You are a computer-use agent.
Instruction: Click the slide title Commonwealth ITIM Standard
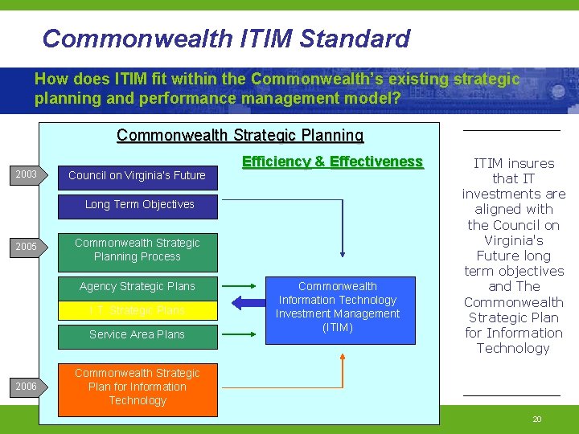pos(226,38)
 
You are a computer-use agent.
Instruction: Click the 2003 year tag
pos(27,174)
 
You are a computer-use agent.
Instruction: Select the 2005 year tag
pos(27,247)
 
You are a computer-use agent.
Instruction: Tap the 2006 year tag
pos(27,387)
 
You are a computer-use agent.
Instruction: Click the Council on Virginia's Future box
pos(137,175)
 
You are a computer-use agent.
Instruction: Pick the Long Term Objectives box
pos(140,204)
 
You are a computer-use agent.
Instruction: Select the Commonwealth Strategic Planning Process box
pos(138,250)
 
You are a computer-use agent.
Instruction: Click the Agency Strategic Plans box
pos(138,286)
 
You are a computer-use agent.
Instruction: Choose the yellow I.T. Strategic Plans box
pos(138,310)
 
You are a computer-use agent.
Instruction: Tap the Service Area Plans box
pos(138,334)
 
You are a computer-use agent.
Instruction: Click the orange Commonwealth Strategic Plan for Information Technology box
pos(138,387)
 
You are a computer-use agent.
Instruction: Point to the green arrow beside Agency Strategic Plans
pos(239,286)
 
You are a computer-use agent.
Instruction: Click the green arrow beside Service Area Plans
pos(239,334)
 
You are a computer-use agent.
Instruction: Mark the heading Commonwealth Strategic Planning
pos(240,135)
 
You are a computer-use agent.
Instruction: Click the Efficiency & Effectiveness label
pos(332,162)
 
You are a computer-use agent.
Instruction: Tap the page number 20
pos(537,420)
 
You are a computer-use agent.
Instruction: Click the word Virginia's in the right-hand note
pos(513,240)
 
